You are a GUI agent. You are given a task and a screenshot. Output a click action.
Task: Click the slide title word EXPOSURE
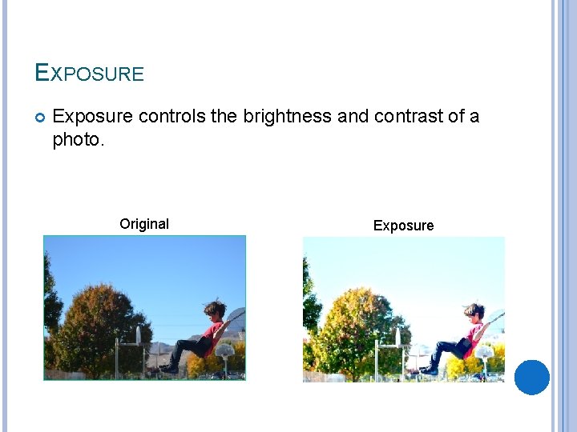tap(89, 74)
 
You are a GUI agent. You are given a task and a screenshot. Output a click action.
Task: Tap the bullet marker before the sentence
tap(40, 118)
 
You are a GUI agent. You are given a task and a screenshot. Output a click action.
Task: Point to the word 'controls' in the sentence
tap(171, 117)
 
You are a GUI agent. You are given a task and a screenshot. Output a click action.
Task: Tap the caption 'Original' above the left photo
tap(144, 224)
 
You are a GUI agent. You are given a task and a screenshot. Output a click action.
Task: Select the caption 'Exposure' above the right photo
tap(403, 226)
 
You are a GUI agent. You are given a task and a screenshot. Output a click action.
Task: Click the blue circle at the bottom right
tap(532, 378)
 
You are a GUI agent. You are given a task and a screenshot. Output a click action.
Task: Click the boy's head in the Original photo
tap(214, 310)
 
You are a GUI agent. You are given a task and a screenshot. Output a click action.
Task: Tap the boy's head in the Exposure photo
tap(474, 311)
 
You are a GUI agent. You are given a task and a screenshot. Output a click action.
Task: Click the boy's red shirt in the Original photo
tap(211, 330)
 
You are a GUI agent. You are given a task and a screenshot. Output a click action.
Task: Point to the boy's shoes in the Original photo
tap(169, 369)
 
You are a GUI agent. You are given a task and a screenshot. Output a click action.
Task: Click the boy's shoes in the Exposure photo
tap(430, 370)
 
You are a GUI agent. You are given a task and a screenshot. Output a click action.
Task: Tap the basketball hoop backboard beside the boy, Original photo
tap(227, 349)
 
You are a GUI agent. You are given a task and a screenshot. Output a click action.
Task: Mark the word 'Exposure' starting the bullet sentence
tap(92, 117)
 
